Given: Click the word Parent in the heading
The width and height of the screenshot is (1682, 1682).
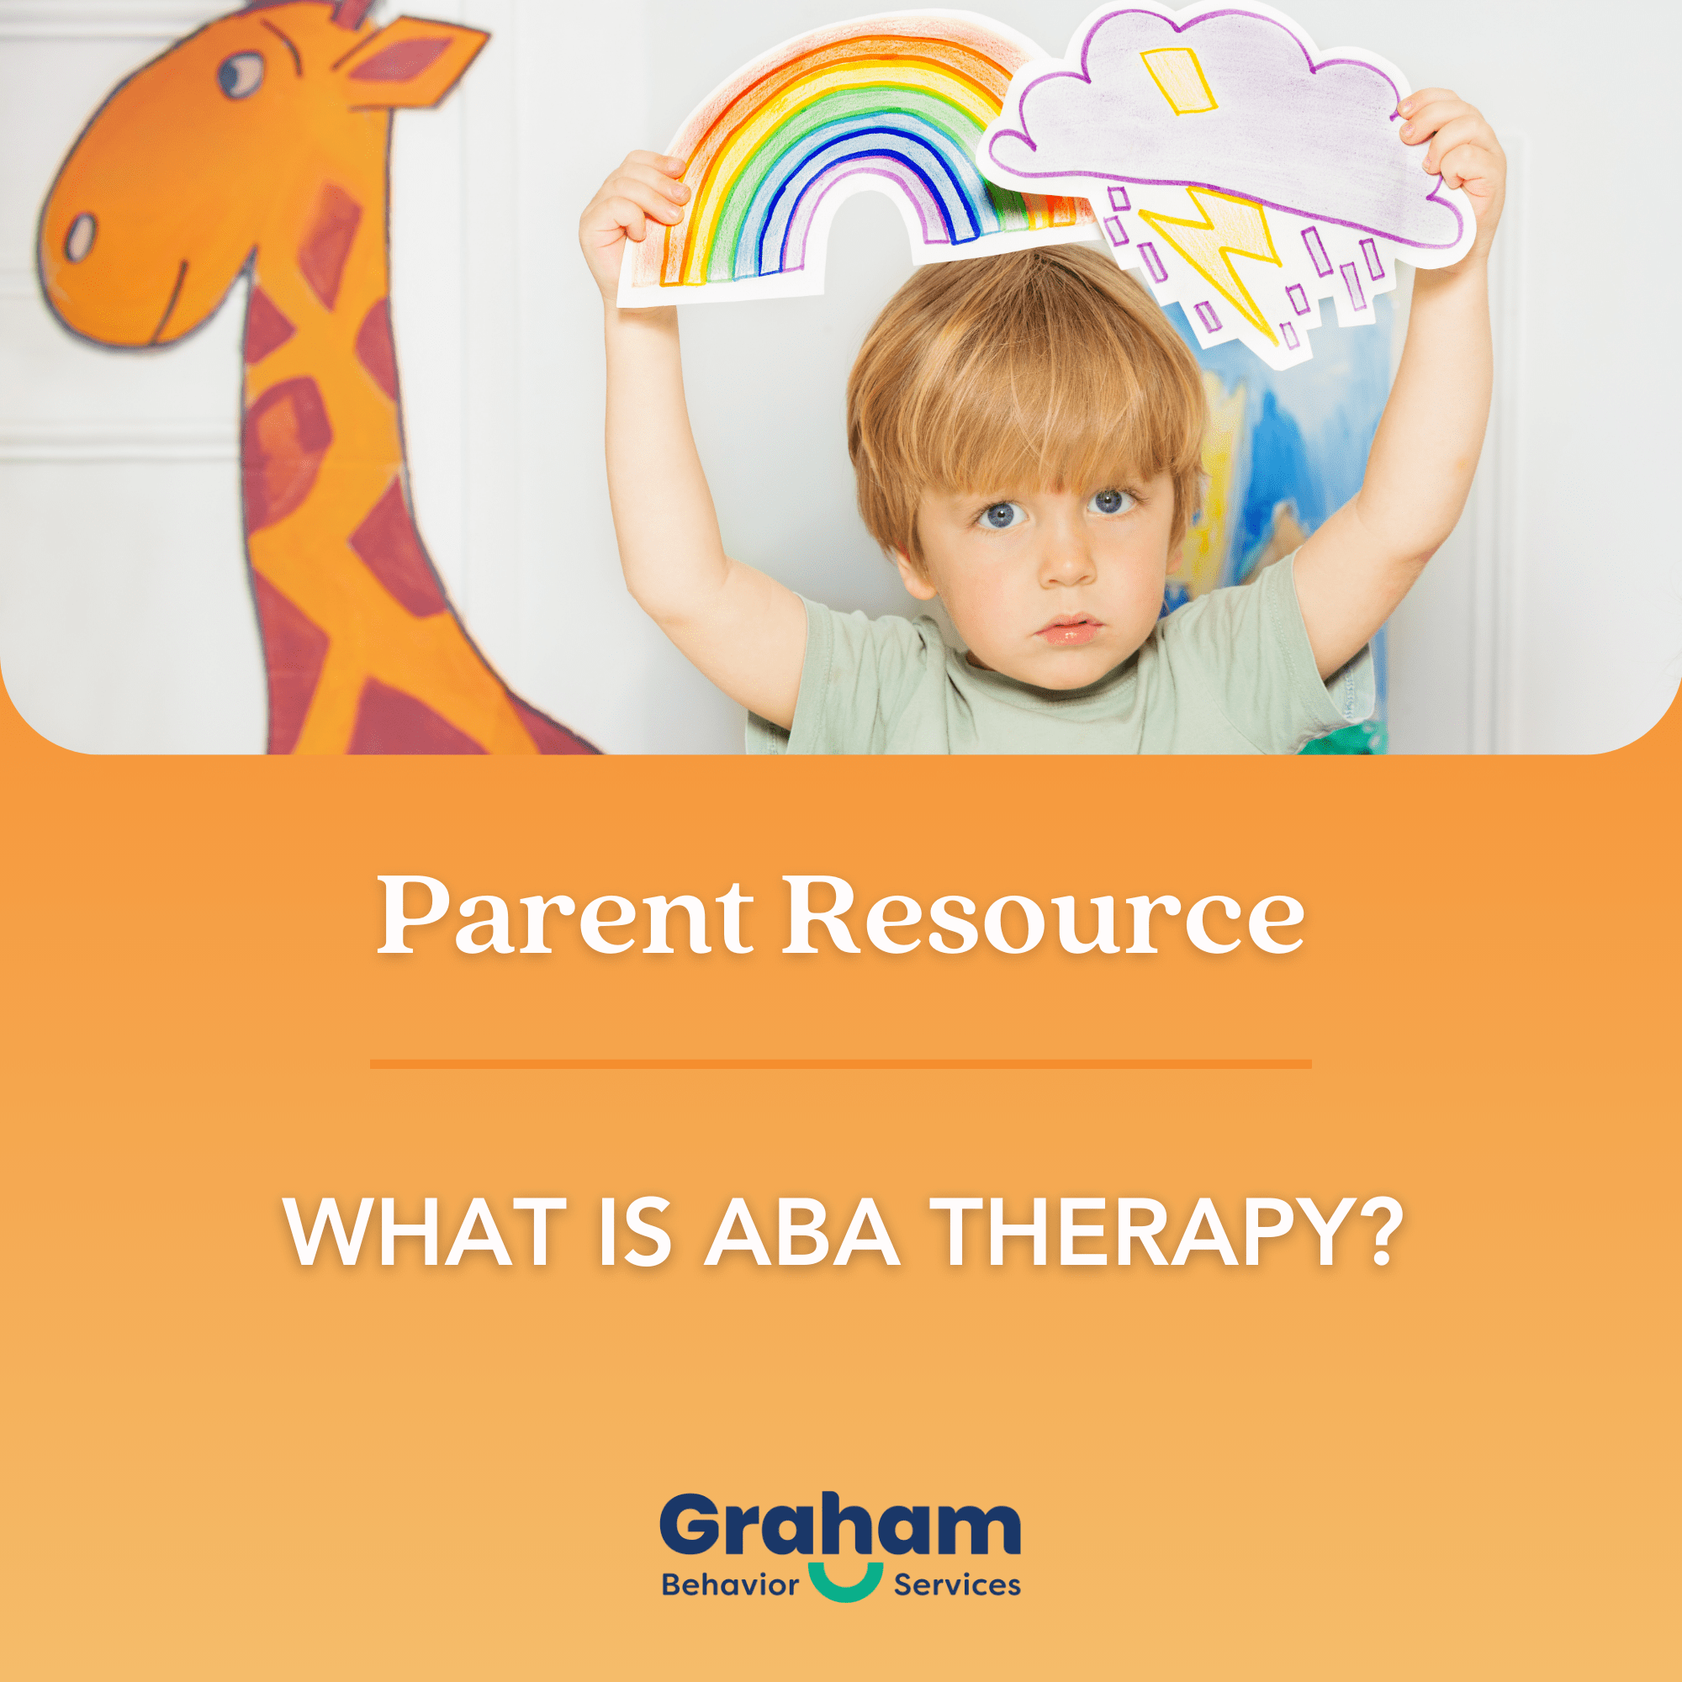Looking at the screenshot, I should pos(563,916).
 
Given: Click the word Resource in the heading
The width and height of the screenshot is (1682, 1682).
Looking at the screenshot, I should pos(1042,916).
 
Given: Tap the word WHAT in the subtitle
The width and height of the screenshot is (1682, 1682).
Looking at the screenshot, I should pos(425,1233).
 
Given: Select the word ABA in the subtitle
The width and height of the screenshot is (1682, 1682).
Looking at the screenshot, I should pos(801,1233).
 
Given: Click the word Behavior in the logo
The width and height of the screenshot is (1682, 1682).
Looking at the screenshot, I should pos(729,1584).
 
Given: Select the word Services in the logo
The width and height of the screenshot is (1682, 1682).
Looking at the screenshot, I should pos(957,1584).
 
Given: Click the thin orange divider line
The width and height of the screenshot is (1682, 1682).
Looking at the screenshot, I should pos(840,1064).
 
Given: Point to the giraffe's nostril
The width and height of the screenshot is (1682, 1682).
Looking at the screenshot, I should pos(81,237).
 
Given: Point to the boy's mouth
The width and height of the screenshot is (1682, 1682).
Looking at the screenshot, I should pos(1071,627).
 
